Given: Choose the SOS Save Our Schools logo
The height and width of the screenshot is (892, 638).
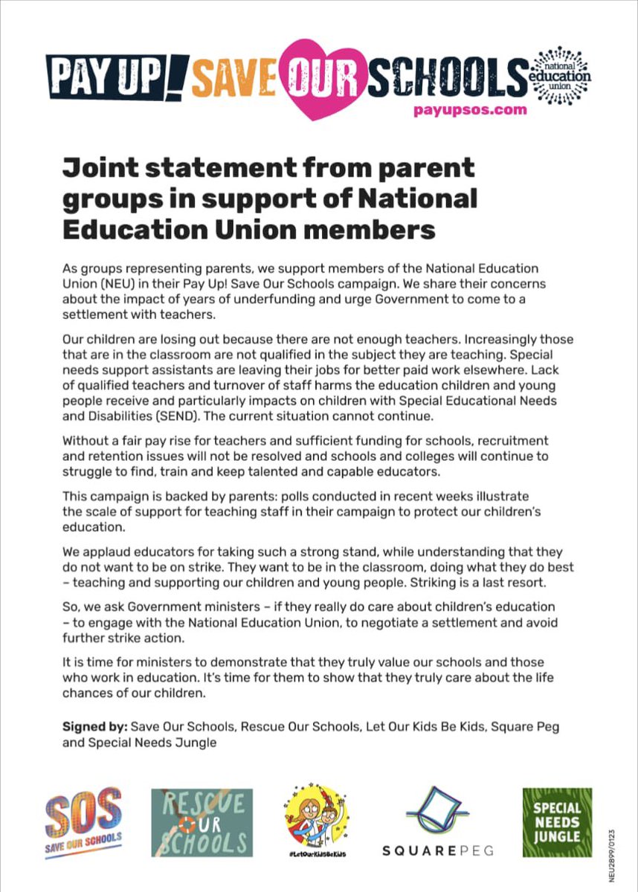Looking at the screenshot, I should (83, 823).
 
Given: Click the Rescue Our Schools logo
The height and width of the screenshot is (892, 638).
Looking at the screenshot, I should (202, 823).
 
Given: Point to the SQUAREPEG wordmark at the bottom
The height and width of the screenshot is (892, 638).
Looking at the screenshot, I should (438, 850).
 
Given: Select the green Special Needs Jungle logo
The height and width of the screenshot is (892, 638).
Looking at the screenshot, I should (557, 822).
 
